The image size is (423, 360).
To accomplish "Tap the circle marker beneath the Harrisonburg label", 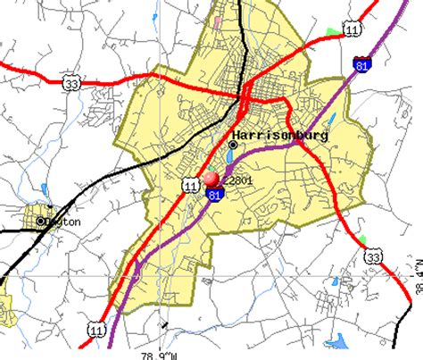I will tap(234, 144).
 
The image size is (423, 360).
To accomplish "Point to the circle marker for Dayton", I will tap(41, 220).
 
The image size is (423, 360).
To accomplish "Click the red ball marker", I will tap(211, 178).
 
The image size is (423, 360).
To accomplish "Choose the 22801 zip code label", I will tap(241, 180).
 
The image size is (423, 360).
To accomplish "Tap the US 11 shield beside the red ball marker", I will tap(189, 184).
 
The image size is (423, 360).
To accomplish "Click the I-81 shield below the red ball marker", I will tap(214, 193).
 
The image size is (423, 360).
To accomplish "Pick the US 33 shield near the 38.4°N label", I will tap(372, 257).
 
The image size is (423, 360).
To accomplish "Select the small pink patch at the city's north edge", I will tap(216, 20).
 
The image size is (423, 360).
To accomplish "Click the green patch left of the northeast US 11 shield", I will tap(332, 32).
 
